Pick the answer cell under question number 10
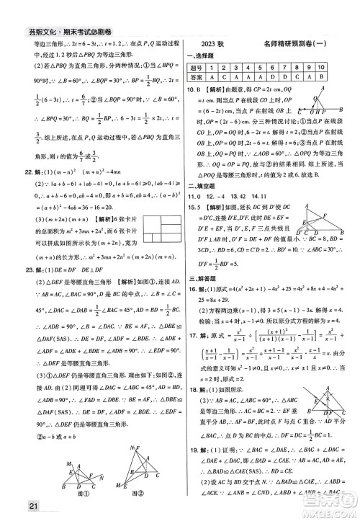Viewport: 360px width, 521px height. [339, 78]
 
